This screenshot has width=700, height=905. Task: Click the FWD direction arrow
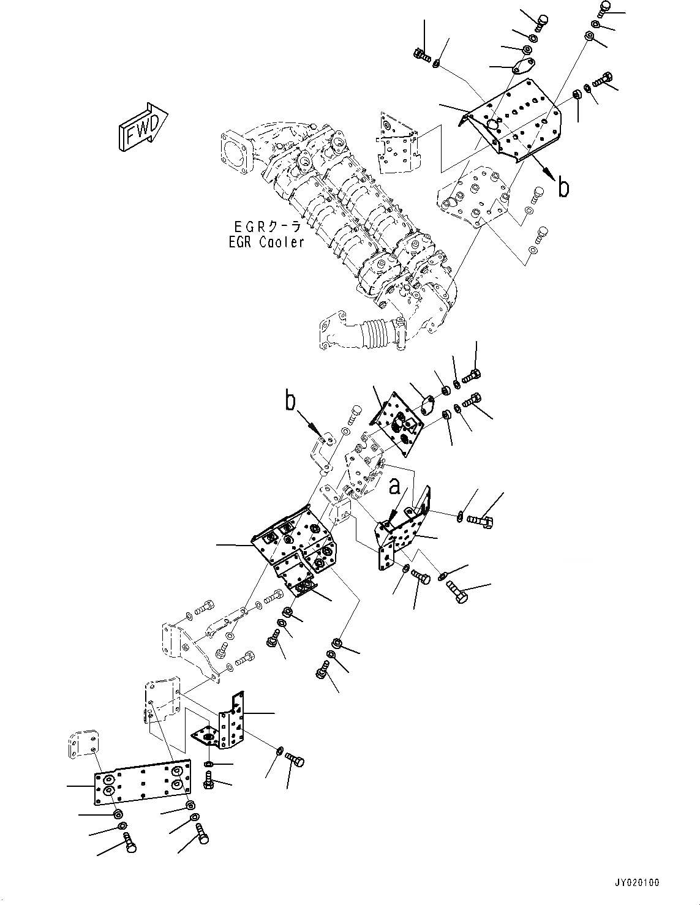141,127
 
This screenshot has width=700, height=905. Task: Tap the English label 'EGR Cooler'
266,242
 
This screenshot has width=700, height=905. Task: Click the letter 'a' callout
396,486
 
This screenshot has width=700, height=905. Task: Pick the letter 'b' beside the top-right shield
563,187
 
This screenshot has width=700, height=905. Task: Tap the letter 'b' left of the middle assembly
290,402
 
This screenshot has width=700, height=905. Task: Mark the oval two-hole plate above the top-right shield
522,67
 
